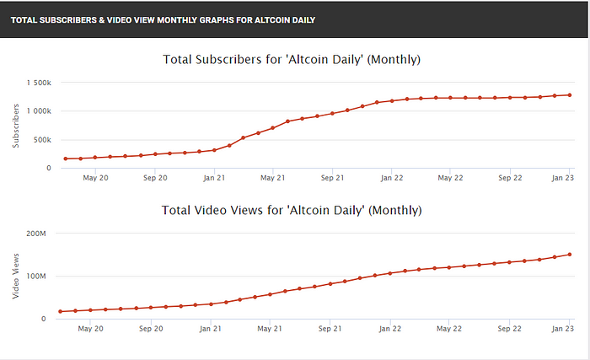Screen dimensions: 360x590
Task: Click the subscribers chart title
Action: pos(291,60)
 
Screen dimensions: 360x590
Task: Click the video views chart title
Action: pos(291,209)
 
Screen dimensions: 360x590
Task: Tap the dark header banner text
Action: pos(164,19)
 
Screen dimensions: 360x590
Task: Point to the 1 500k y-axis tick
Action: pos(38,82)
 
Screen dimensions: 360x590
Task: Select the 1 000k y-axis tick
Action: pos(38,110)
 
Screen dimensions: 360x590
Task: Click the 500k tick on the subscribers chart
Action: pos(41,139)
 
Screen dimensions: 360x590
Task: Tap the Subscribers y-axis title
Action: pos(14,126)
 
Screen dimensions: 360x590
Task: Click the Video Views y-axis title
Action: pos(14,276)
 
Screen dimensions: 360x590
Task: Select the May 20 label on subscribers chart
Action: pos(98,178)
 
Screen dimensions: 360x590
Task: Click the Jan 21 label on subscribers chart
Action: pos(214,178)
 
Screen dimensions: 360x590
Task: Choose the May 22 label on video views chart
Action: pos(449,329)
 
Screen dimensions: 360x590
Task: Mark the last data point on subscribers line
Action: pos(570,95)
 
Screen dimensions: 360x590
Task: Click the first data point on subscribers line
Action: pos(65,159)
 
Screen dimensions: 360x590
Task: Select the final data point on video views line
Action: pos(570,255)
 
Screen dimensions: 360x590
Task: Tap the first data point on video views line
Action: pos(61,311)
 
